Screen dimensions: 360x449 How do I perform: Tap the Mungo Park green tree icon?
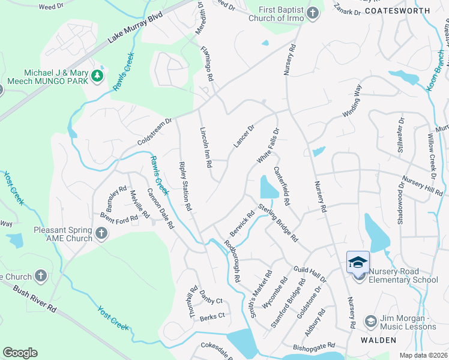pyautogui.click(x=96, y=76)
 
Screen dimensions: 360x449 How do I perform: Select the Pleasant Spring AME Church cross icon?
pyautogui.click(x=101, y=233)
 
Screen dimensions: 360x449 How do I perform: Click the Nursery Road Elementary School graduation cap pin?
pyautogui.click(x=358, y=262)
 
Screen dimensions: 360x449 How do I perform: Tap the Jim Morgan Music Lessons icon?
pyautogui.click(x=370, y=322)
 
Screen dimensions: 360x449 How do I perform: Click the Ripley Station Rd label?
pyautogui.click(x=185, y=185)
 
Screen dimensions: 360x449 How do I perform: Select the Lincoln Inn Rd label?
pyautogui.click(x=206, y=147)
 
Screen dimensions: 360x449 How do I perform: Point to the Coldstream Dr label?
pyautogui.click(x=154, y=131)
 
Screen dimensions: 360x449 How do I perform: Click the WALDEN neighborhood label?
pyautogui.click(x=378, y=340)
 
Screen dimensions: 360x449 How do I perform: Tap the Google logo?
pyautogui.click(x=20, y=352)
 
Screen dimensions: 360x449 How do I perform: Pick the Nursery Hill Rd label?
pyautogui.click(x=423, y=186)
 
